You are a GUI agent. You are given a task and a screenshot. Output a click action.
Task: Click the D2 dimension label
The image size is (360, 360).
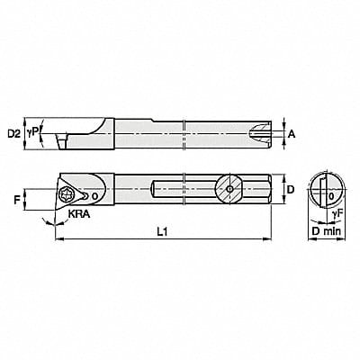pos(13,134)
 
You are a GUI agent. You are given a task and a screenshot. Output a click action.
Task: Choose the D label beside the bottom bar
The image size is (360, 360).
pos(292,190)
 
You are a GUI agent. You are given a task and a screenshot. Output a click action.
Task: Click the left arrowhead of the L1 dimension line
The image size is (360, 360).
pos(57,238)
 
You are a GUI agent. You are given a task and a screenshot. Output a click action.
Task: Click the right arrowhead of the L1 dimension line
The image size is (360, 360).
pos(270,238)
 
